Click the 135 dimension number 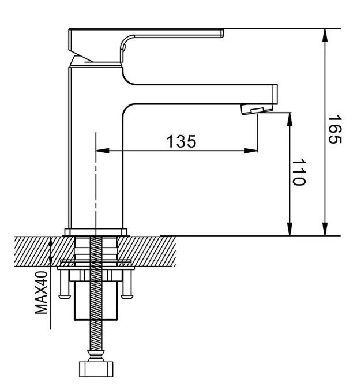(181, 141)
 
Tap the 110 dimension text (298, 173)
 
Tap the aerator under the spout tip (255, 108)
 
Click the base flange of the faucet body (95, 232)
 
